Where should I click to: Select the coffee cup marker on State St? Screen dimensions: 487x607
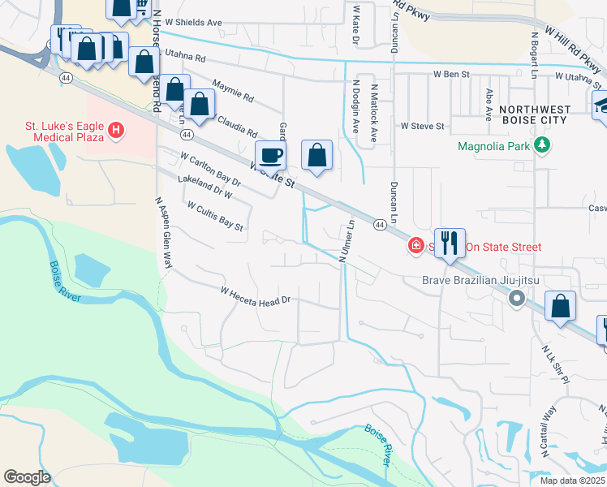(x=270, y=154)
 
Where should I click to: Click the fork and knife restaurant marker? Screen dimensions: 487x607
(x=450, y=243)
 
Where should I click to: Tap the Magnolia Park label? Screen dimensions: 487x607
(x=493, y=147)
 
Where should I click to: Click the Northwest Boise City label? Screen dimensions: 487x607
(x=532, y=114)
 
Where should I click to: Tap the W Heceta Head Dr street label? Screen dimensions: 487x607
(x=256, y=296)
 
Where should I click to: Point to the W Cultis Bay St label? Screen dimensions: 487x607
(x=215, y=217)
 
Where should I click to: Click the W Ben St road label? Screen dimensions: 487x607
(x=451, y=74)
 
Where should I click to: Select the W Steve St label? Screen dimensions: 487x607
(x=422, y=127)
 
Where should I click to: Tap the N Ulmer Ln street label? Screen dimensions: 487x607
(x=347, y=241)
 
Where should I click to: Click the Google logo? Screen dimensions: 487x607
(x=27, y=477)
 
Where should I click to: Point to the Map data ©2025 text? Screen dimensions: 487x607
(x=573, y=481)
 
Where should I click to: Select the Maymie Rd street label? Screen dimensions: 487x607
(x=233, y=94)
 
